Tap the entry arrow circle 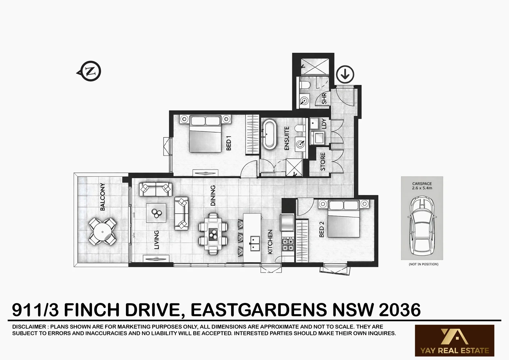click(x=345, y=74)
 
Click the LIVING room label click(x=157, y=240)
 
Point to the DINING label click(x=213, y=195)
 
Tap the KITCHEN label click(x=270, y=242)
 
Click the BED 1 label click(x=229, y=145)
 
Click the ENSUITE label click(x=287, y=138)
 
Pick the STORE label click(x=322, y=162)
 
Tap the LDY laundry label click(x=324, y=124)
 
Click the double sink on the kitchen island click(x=255, y=243)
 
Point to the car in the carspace click(x=422, y=224)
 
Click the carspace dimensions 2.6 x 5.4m click(x=422, y=188)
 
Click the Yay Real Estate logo click(x=454, y=341)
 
